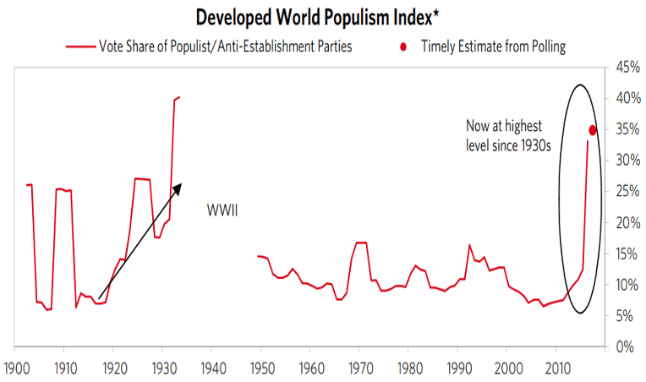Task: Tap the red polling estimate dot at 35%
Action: tap(593, 129)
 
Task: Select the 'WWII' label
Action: tap(222, 210)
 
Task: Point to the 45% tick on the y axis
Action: tap(626, 68)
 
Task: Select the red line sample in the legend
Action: tap(82, 46)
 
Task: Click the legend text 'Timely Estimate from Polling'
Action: tap(493, 46)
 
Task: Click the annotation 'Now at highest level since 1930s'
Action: tap(508, 135)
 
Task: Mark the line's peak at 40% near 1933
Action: tap(178, 97)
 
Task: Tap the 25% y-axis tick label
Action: tap(626, 192)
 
